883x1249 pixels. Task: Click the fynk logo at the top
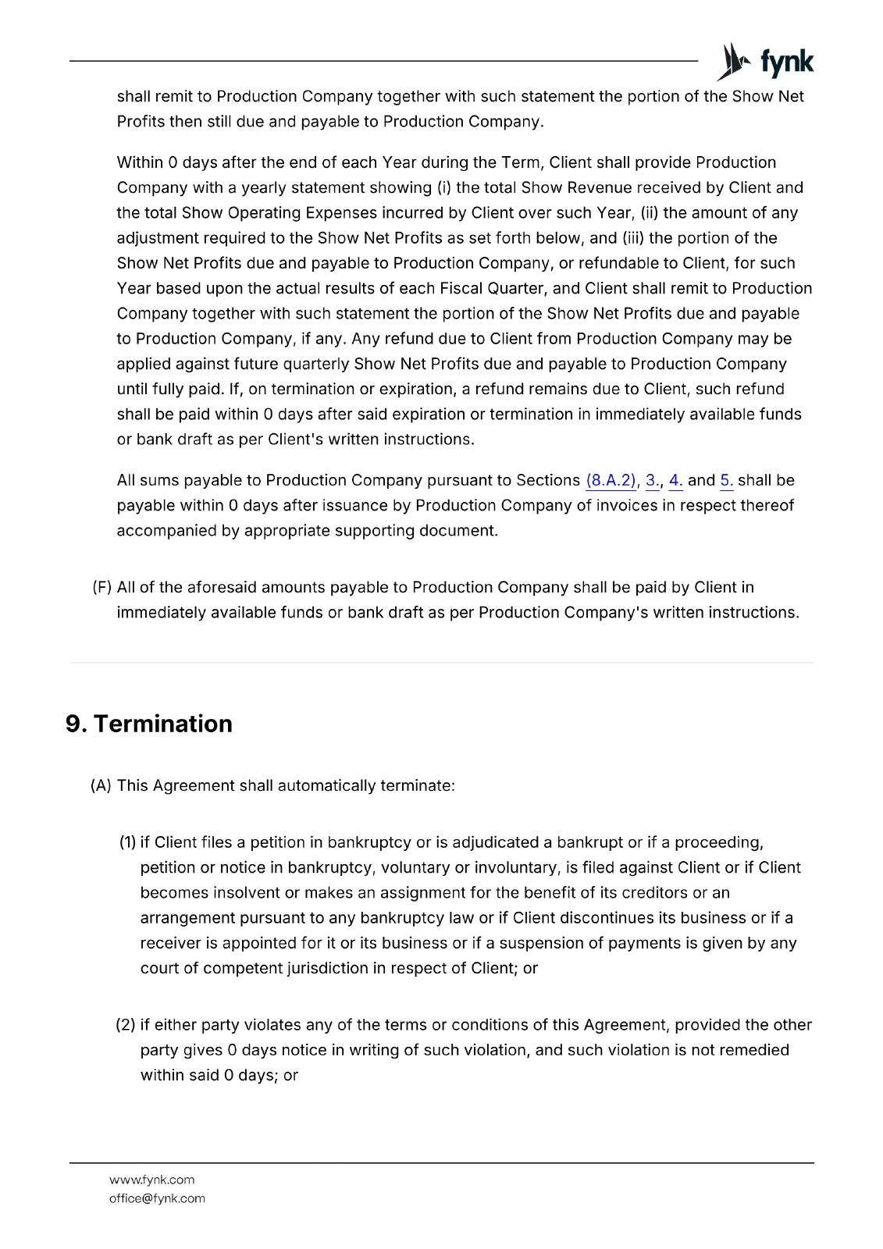click(765, 62)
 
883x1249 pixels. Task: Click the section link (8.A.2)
click(611, 481)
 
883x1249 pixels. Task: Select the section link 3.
click(652, 481)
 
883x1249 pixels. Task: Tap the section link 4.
click(675, 481)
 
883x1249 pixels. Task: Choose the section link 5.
click(726, 481)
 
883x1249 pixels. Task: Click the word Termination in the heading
click(162, 724)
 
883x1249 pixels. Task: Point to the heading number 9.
click(76, 724)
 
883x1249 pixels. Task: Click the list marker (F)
click(102, 587)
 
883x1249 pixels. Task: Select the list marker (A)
click(101, 785)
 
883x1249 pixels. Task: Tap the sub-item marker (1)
click(128, 842)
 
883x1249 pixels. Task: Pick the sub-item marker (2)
click(126, 1025)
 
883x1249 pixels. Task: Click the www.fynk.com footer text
click(151, 1180)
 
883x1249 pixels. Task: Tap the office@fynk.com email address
click(157, 1198)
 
